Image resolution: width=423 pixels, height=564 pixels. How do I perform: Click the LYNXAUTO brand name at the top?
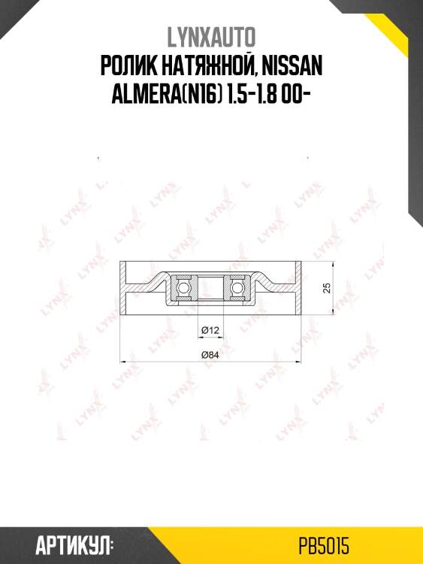pyautogui.click(x=211, y=38)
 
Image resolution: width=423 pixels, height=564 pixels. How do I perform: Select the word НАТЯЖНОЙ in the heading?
pyautogui.click(x=209, y=67)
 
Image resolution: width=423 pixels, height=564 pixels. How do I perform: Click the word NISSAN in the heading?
pyautogui.click(x=292, y=66)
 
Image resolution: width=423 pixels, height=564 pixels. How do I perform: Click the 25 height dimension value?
pyautogui.click(x=327, y=288)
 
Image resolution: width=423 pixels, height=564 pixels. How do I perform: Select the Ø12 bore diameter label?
pyautogui.click(x=210, y=330)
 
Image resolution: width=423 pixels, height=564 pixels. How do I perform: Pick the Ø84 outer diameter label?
pyautogui.click(x=210, y=355)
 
